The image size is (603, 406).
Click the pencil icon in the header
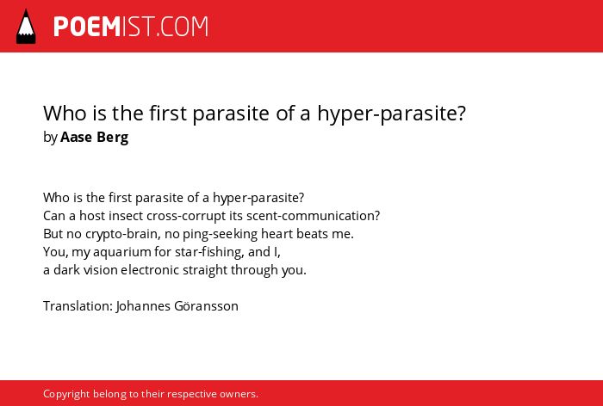26,27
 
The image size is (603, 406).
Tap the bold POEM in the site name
87,27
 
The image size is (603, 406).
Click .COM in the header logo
182,27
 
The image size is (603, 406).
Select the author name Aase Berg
94,137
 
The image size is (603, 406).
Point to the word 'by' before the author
50,138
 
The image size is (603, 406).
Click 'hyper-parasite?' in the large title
391,114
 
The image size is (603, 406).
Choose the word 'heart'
277,234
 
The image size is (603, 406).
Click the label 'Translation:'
78,306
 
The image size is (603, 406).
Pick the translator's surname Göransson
206,306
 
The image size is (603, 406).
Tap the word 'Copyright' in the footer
66,394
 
